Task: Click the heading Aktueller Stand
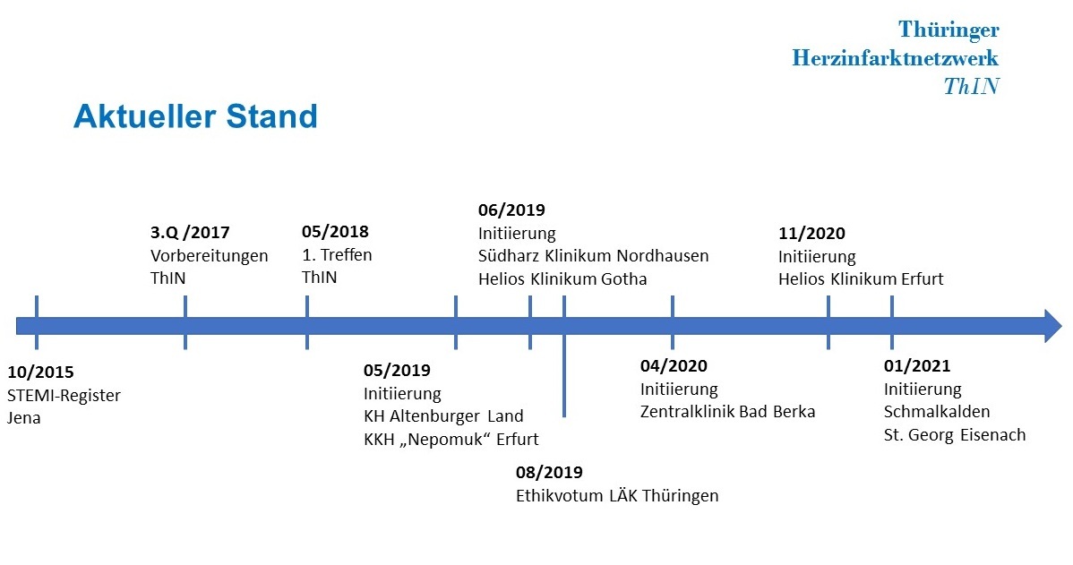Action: click(196, 116)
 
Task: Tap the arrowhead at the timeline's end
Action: click(1053, 326)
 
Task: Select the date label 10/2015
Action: click(40, 372)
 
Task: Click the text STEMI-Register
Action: click(64, 396)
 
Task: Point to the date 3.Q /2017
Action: click(190, 233)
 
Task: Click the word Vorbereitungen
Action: click(210, 256)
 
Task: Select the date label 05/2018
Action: click(335, 231)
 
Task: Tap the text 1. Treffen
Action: click(338, 254)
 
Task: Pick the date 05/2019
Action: click(397, 370)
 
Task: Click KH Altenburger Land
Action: click(443, 415)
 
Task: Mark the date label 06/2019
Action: click(511, 210)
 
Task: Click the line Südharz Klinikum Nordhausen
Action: click(593, 256)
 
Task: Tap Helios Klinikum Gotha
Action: click(562, 279)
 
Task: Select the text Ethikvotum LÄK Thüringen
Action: click(617, 495)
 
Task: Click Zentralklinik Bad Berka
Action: click(727, 412)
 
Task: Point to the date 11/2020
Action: click(811, 233)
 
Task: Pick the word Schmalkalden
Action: click(937, 412)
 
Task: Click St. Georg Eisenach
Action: click(955, 435)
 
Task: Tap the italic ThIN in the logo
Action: click(972, 86)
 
